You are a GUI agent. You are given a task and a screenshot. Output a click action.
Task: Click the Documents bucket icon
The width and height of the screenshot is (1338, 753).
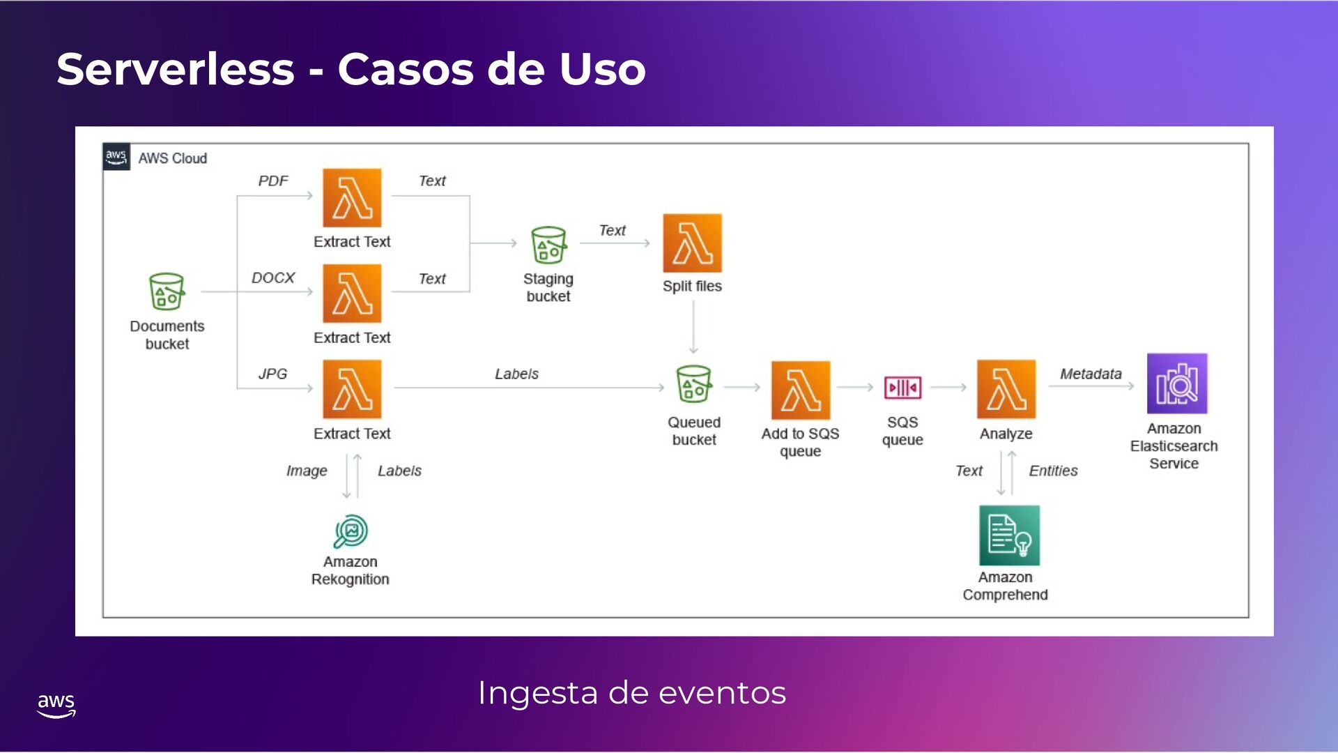pos(167,291)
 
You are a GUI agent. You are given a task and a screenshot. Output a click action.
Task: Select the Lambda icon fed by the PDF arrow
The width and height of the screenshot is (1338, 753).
pos(352,198)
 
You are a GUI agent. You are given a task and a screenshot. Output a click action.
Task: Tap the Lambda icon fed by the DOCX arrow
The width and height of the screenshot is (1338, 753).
pos(352,294)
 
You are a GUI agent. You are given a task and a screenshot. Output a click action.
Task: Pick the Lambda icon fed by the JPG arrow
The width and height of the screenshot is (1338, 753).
pos(352,389)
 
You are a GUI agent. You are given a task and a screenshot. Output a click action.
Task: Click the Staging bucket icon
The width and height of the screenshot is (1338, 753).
pos(548,245)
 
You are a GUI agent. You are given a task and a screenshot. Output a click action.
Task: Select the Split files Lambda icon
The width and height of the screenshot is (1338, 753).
pos(692,243)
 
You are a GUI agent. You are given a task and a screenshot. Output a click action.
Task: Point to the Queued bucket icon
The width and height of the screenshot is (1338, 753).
pos(694,384)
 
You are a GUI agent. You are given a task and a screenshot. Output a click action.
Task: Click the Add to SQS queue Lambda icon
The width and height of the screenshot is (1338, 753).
pos(800,390)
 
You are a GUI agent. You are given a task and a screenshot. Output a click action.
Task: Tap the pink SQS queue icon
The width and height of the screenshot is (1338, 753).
pos(902,388)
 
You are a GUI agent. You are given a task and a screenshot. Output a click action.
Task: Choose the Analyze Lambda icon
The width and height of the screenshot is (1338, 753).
pos(1006,389)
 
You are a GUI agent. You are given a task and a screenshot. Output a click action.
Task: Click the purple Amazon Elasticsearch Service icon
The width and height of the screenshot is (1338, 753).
pos(1176,384)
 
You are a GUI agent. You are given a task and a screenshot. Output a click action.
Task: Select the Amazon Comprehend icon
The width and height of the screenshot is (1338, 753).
pos(1009,535)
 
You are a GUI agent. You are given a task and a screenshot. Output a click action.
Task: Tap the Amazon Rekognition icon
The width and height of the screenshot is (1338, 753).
pos(351,532)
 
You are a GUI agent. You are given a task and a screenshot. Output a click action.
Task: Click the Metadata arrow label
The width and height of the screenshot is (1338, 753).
pos(1091,374)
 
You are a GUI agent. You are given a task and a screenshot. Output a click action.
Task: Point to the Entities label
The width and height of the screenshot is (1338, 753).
pos(1053,471)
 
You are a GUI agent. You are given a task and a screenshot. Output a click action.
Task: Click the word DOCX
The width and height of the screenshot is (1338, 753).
pos(273,278)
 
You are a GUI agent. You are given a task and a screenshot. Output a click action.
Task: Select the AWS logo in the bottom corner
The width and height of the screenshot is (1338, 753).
pos(56,705)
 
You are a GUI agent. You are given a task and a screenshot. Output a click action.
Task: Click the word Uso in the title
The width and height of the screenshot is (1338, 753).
pos(602,70)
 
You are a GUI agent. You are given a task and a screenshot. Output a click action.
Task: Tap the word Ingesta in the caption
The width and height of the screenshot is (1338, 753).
pos(537,694)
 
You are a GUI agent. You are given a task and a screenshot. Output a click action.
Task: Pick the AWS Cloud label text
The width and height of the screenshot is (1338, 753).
pos(172,159)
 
